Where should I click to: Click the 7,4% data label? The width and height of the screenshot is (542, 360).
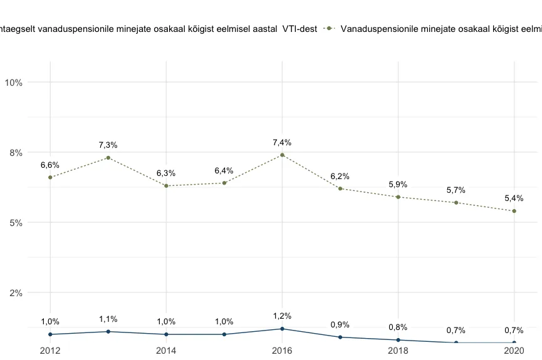[282, 143]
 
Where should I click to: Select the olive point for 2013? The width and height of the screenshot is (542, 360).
[108, 158]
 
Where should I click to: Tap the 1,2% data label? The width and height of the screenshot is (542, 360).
[282, 316]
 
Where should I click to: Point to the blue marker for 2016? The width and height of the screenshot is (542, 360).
[283, 329]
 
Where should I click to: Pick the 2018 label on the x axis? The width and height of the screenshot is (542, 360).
[398, 351]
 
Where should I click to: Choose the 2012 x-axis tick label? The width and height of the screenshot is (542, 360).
[50, 351]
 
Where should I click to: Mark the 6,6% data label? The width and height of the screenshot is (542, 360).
[50, 165]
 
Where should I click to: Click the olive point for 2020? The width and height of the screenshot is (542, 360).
[514, 211]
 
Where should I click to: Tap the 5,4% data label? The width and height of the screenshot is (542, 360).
[514, 198]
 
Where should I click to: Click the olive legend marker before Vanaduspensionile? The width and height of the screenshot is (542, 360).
[329, 28]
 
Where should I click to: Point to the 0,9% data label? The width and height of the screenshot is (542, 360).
[340, 325]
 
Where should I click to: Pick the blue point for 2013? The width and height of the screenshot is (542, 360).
[108, 332]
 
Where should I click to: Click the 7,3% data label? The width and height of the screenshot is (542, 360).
[108, 145]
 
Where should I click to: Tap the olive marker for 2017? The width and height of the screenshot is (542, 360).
[340, 188]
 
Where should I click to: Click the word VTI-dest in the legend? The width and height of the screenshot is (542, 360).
[300, 28]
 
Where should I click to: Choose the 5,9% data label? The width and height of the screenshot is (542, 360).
[398, 185]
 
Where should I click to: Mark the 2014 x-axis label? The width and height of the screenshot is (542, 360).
[166, 351]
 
